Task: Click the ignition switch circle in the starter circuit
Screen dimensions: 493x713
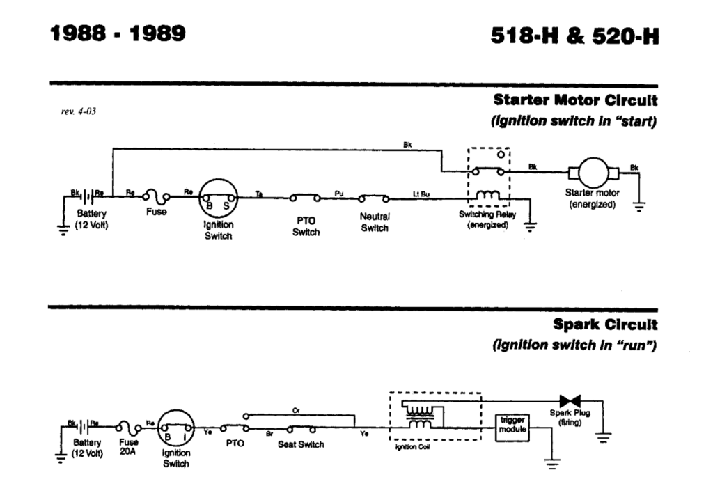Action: point(219,198)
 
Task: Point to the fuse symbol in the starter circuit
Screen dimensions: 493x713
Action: point(157,198)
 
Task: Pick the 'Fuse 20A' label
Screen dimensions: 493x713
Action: point(129,446)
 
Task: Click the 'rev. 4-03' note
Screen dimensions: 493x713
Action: point(79,111)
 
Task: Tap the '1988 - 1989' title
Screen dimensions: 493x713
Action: point(119,33)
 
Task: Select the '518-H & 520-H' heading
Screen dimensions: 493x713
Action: point(574,36)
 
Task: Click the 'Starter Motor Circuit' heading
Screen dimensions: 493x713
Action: point(575,100)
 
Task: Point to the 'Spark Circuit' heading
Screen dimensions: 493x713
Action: point(605,324)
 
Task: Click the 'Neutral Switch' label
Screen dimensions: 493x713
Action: point(374,222)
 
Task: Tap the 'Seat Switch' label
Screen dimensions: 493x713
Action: point(301,444)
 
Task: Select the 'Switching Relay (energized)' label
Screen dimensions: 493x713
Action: point(487,219)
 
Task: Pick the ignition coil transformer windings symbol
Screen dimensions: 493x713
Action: point(419,416)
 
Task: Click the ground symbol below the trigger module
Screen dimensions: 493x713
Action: point(553,463)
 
